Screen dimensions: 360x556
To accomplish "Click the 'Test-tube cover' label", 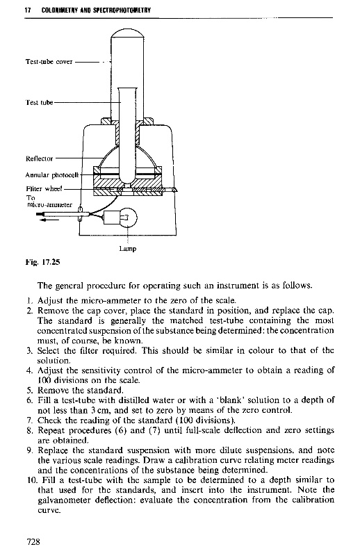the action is [x=49, y=62].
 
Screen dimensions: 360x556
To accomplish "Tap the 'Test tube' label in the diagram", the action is [x=39, y=102].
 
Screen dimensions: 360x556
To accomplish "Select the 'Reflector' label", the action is [x=40, y=158].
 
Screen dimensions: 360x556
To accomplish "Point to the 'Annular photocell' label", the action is [x=52, y=175].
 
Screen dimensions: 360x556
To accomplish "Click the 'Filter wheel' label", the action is [x=44, y=188].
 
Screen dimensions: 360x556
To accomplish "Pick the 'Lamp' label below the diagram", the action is [x=128, y=249].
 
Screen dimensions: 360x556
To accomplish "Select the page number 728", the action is [x=33, y=541].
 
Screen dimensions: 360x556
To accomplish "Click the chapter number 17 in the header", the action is [x=27, y=10].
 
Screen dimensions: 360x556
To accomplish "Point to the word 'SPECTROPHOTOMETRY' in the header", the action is [x=122, y=10].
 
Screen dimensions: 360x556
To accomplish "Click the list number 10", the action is [x=31, y=480].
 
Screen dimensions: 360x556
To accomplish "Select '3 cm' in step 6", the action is [x=97, y=411].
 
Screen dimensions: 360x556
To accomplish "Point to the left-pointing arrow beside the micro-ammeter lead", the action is [x=49, y=220].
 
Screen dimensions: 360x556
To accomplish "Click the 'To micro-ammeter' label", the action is [x=49, y=202].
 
